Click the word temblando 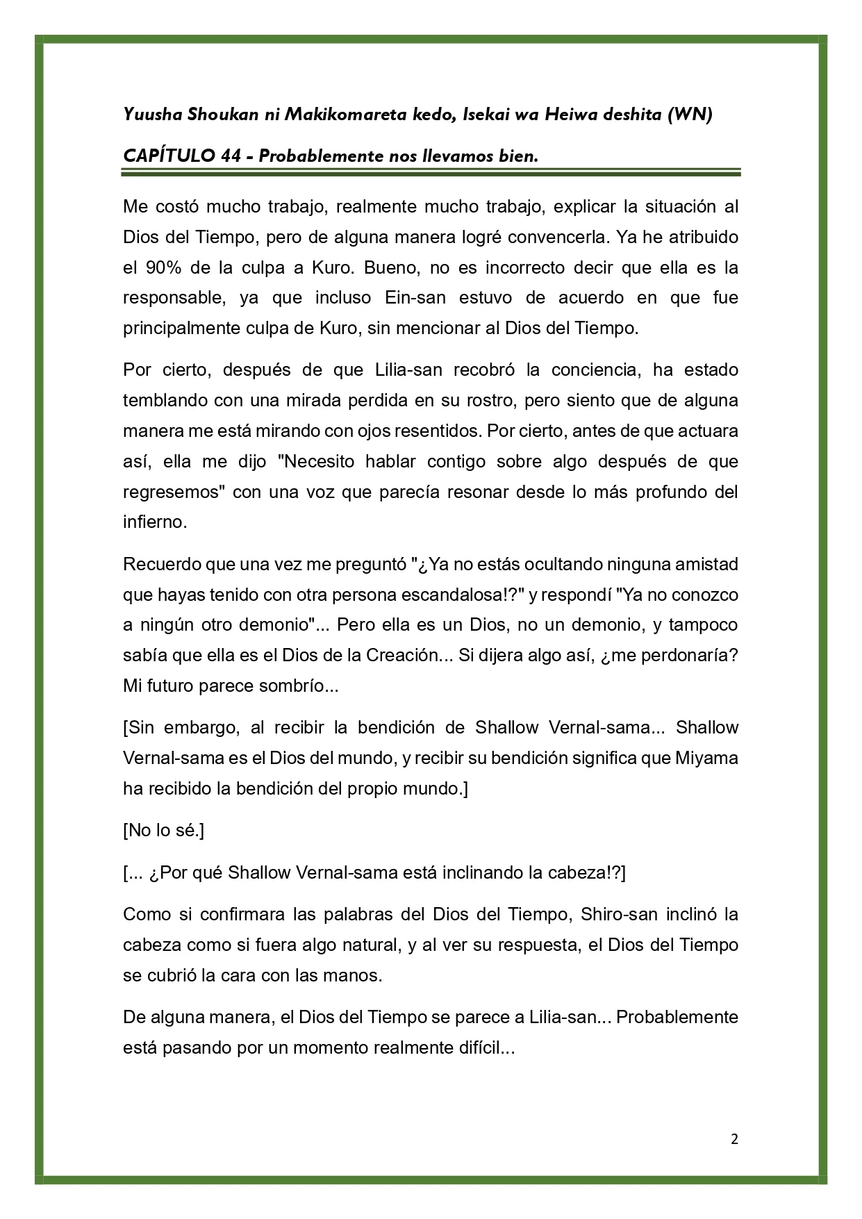tap(163, 400)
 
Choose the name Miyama tap(706, 758)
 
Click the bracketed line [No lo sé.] tap(163, 830)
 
